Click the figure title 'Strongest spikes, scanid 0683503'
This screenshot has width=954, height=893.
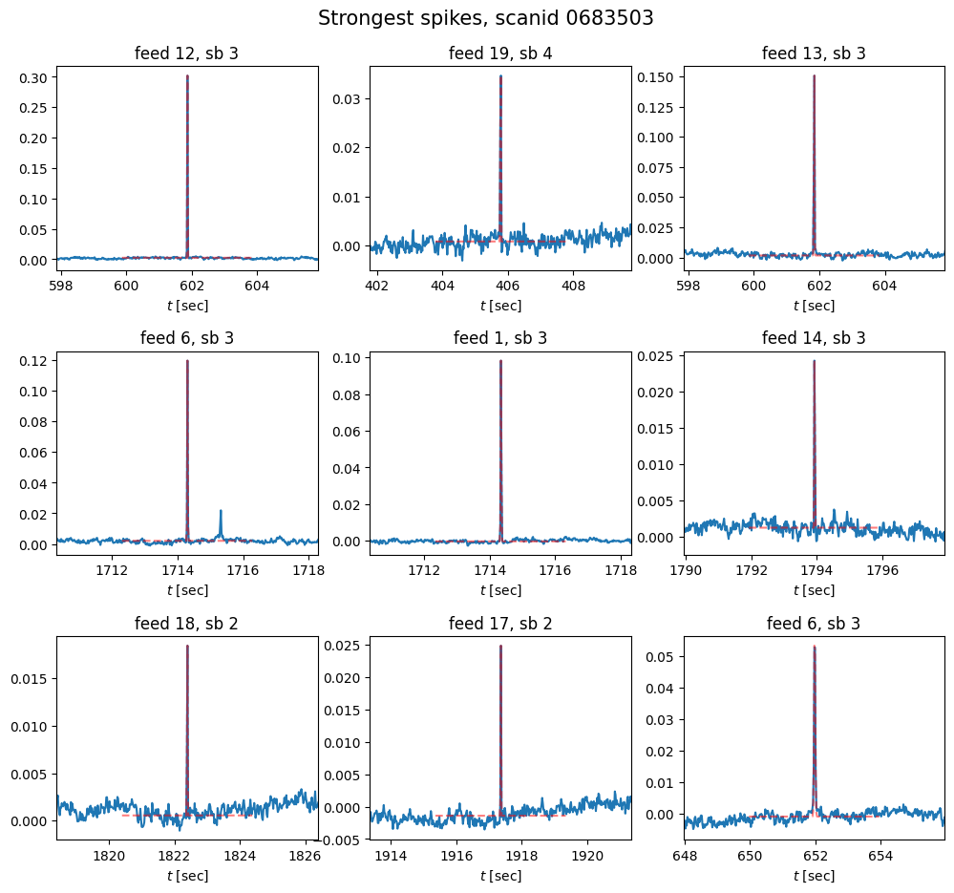click(485, 18)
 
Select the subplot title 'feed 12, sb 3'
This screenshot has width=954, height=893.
click(186, 53)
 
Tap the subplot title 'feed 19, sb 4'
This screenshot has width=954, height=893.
click(500, 53)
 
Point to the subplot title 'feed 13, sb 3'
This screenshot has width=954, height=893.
click(814, 53)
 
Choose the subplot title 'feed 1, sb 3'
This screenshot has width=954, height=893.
click(500, 338)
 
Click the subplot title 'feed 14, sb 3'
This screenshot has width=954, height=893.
click(814, 338)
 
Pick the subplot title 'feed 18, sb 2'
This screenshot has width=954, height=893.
click(186, 624)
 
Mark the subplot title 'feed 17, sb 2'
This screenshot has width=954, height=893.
click(500, 624)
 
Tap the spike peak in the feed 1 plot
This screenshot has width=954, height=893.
click(500, 361)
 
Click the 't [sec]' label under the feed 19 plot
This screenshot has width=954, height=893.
click(500, 306)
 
